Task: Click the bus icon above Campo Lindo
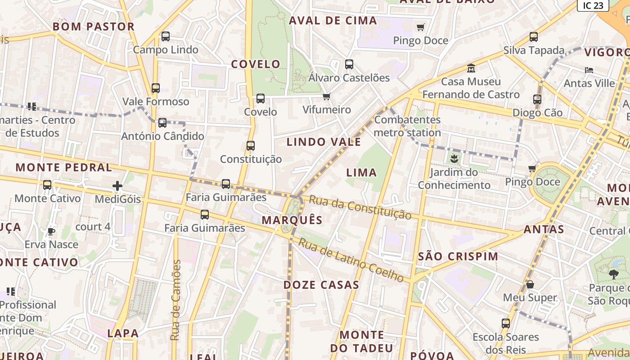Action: coord(166,36)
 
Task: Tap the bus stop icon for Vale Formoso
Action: coord(156,88)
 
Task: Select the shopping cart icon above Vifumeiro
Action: coord(327,96)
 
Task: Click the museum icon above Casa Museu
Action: coord(471,68)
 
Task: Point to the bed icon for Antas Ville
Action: coord(589,70)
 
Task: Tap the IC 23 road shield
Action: coord(593,5)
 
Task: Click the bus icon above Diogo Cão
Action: coord(537,99)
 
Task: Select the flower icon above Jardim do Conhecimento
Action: coord(454,158)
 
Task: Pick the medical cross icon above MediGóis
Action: coord(117,185)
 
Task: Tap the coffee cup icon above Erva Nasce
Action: coord(51,231)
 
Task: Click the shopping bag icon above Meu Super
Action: coord(530,284)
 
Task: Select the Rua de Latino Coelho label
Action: coord(351,260)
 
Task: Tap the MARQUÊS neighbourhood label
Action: coord(292,220)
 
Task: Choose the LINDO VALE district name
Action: coord(324,142)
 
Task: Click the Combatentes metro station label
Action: coord(407,126)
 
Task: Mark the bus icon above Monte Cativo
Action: coord(47,185)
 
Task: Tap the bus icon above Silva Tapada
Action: coord(534,37)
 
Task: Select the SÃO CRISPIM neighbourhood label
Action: coord(458,256)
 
